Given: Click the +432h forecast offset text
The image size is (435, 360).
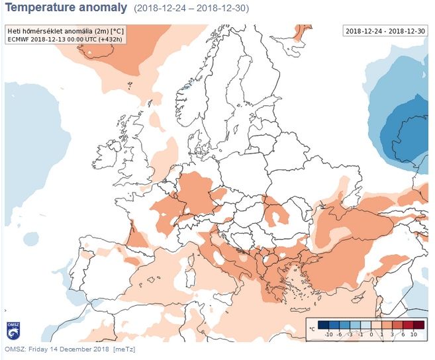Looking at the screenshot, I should click(x=110, y=39).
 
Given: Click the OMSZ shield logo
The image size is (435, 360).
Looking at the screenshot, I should click(x=13, y=328).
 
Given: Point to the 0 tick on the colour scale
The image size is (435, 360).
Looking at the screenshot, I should click(x=372, y=336).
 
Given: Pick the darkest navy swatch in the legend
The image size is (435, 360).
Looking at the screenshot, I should click(x=322, y=325).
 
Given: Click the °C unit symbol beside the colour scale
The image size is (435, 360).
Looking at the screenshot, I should click(x=311, y=329).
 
